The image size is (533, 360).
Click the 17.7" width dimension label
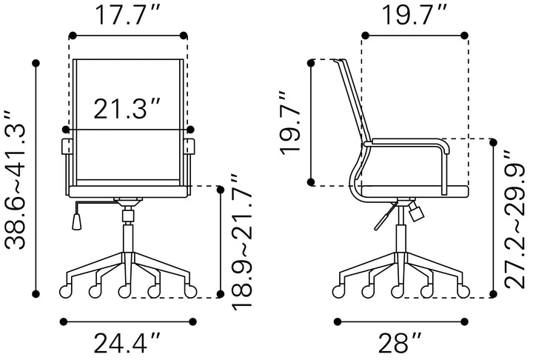click(x=128, y=15)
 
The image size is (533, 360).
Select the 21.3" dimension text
click(x=127, y=109)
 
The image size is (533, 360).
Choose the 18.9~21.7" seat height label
click(x=241, y=242)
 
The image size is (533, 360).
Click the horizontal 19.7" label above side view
click(x=415, y=15)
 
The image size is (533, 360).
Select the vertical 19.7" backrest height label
click(x=289, y=123)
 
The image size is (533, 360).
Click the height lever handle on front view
click(x=77, y=221)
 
